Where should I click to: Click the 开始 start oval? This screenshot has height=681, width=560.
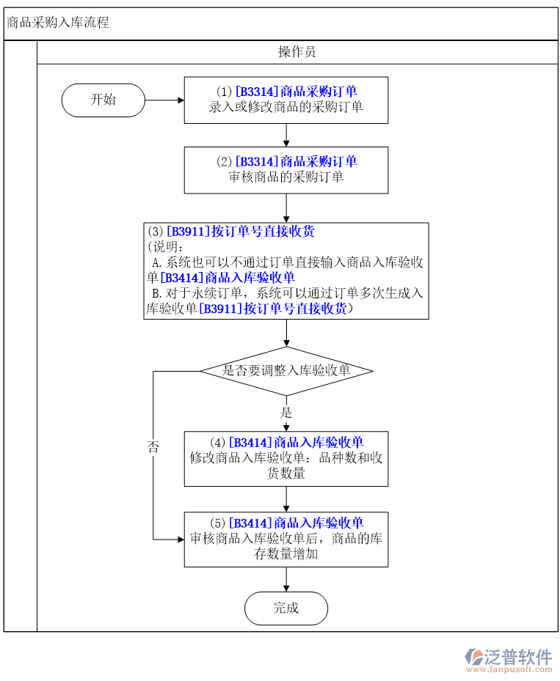[103, 100]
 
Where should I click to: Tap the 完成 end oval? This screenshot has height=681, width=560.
[286, 608]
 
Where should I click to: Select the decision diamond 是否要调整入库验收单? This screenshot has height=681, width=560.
[286, 370]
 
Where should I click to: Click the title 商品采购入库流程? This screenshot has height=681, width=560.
[58, 23]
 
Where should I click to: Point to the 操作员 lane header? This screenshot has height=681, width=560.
[297, 52]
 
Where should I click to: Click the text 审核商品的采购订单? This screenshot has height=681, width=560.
[286, 177]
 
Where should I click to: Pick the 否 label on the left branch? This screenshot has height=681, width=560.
[153, 447]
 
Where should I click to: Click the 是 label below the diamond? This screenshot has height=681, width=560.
[286, 413]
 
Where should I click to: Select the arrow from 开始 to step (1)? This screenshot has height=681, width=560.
[164, 100]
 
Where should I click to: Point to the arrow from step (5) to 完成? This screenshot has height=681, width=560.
[286, 579]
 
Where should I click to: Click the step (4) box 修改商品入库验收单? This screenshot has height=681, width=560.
[286, 459]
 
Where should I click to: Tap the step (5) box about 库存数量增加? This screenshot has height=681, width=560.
[286, 539]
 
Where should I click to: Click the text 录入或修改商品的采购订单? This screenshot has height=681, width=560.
[286, 107]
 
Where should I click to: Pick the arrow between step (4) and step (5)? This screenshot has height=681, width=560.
[286, 498]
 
